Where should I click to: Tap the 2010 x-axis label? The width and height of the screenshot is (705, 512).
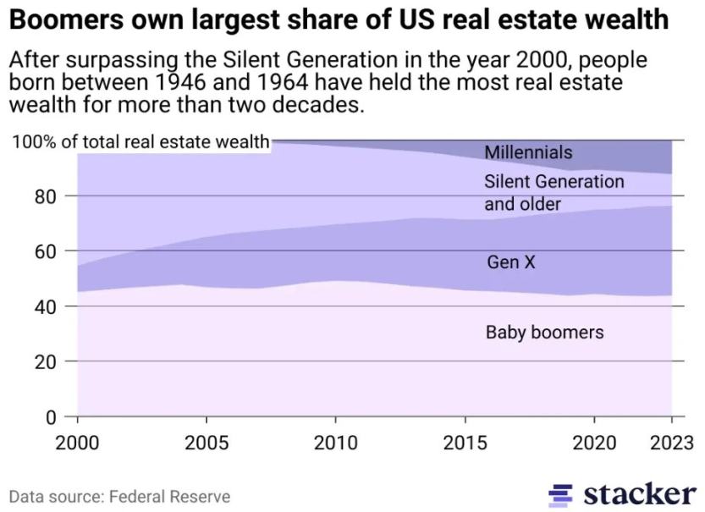point(337,443)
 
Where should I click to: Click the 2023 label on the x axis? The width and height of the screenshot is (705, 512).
point(670,443)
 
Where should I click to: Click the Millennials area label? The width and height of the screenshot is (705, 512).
point(528,152)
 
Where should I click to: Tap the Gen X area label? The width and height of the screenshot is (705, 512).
point(511,262)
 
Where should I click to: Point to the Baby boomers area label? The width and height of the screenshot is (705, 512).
point(544,332)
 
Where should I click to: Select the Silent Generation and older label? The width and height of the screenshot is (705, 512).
point(554,193)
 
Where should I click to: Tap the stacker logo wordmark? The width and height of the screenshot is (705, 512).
point(639,493)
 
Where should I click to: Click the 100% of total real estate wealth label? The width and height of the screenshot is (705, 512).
point(140,140)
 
